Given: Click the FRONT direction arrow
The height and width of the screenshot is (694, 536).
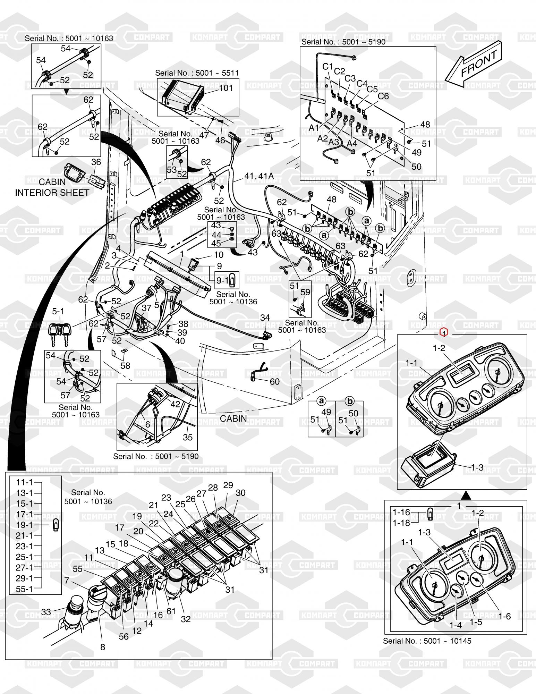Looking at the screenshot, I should coord(474,66).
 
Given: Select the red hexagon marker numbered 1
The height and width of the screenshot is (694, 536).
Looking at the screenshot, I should coord(444,332).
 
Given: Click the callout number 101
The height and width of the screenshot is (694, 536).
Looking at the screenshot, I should coord(226,88).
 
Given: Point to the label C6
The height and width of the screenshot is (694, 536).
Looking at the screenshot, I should coord(383,96).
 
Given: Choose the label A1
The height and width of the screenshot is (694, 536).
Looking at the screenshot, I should coord(314,128).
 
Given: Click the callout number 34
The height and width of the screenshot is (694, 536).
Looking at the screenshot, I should coord(265,318).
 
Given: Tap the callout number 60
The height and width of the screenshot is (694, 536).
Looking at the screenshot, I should coord(274,381).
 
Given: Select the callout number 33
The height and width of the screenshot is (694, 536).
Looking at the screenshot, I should coord(46,612).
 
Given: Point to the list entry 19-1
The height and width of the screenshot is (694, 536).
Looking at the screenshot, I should coord(24,525).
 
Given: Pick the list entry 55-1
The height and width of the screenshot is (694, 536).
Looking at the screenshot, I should coord(24,589).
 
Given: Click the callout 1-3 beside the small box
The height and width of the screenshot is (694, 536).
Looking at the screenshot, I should coord(477,467).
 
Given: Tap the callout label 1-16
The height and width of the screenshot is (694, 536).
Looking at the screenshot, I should coord(401,512).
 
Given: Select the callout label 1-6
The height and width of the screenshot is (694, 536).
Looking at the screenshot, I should coord(505,616).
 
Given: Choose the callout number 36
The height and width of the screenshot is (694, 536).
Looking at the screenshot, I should coord(96,162).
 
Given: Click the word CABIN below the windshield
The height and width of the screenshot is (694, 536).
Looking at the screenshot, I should coord(233,418).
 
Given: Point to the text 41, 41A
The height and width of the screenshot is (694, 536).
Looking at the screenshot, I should coord(259,176).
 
